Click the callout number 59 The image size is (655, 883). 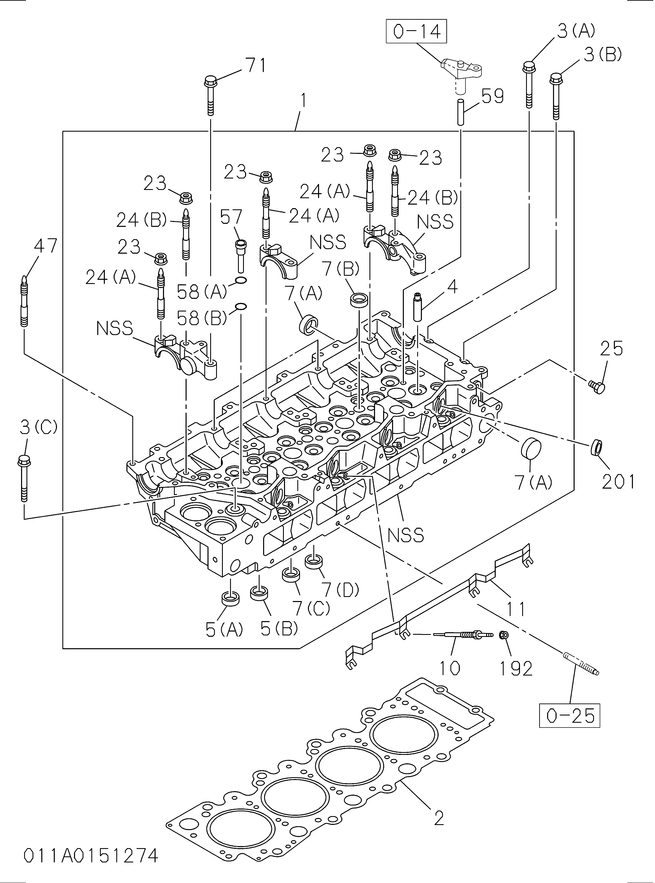coord(493,96)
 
